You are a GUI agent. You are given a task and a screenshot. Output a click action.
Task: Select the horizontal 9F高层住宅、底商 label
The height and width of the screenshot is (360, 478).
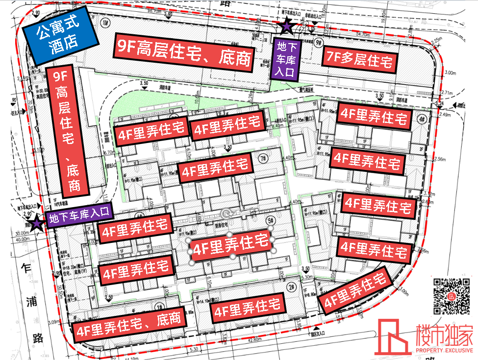click(x=184, y=52)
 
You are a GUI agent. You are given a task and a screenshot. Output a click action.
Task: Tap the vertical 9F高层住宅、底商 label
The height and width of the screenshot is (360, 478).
click(x=68, y=129)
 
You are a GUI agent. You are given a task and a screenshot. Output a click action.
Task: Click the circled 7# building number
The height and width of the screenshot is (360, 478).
click(x=264, y=158)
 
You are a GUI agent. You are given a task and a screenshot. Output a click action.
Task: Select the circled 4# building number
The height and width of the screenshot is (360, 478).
click(x=422, y=120)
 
